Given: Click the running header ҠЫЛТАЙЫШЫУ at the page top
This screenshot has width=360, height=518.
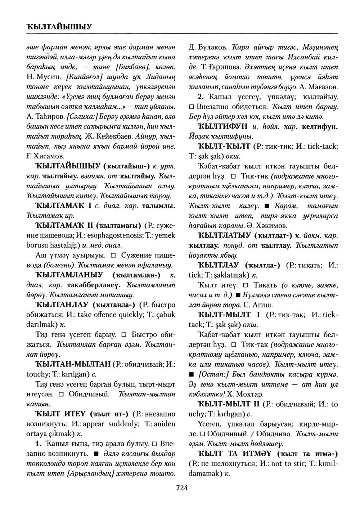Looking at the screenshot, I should [x=59, y=26].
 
